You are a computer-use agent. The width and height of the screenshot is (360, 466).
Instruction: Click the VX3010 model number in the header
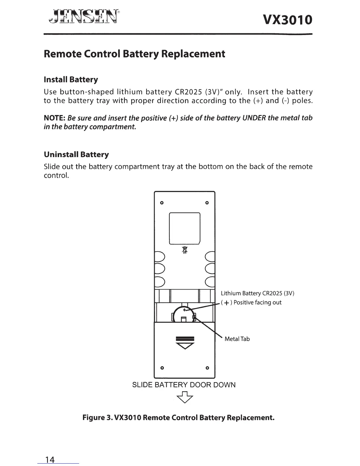point(287,20)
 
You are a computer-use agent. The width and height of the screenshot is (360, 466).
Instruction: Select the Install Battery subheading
point(71,80)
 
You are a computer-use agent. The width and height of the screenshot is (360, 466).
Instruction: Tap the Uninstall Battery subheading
point(76,154)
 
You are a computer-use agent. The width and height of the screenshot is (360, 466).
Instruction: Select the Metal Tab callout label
point(237,339)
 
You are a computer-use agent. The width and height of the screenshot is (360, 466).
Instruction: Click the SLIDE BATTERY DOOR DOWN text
point(184,385)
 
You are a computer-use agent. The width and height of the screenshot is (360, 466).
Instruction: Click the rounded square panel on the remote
point(185,228)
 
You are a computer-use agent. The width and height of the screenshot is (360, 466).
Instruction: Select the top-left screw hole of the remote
point(161,203)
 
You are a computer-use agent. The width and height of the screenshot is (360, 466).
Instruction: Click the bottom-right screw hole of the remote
point(207,368)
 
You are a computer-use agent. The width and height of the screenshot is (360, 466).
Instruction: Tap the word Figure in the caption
point(94,418)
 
